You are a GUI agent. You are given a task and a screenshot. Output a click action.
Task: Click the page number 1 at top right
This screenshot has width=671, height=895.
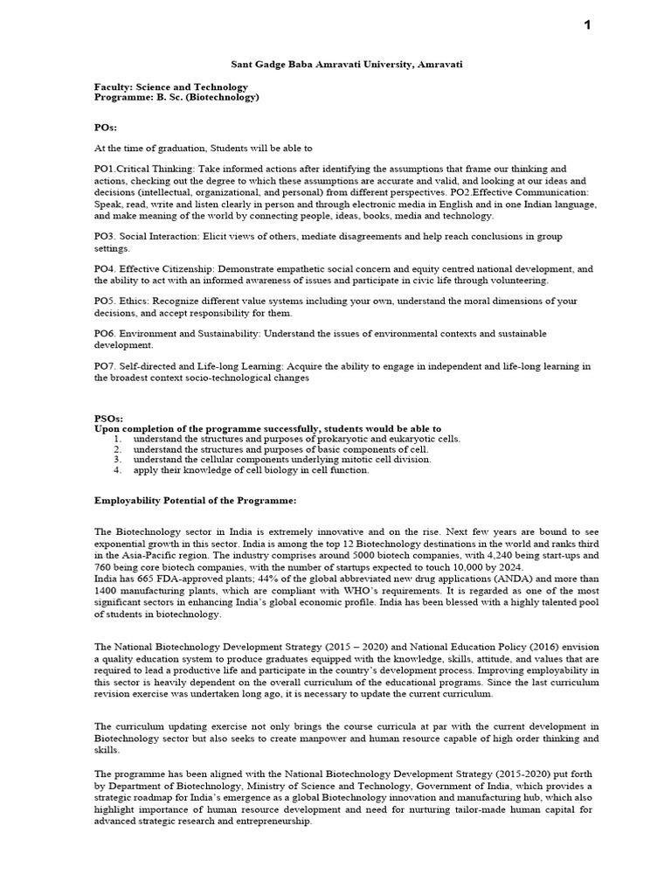pos(588,25)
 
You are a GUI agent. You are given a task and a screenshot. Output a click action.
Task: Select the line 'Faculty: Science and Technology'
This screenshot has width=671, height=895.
pos(171,87)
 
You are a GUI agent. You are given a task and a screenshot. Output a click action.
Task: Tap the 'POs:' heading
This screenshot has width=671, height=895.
pos(106,126)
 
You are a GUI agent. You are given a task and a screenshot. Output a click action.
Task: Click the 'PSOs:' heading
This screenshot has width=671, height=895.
pos(108,419)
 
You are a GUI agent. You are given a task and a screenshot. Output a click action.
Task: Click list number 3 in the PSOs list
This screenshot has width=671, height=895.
pos(117,459)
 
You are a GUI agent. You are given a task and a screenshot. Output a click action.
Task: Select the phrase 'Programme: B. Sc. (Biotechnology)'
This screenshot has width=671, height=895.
pos(177,98)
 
